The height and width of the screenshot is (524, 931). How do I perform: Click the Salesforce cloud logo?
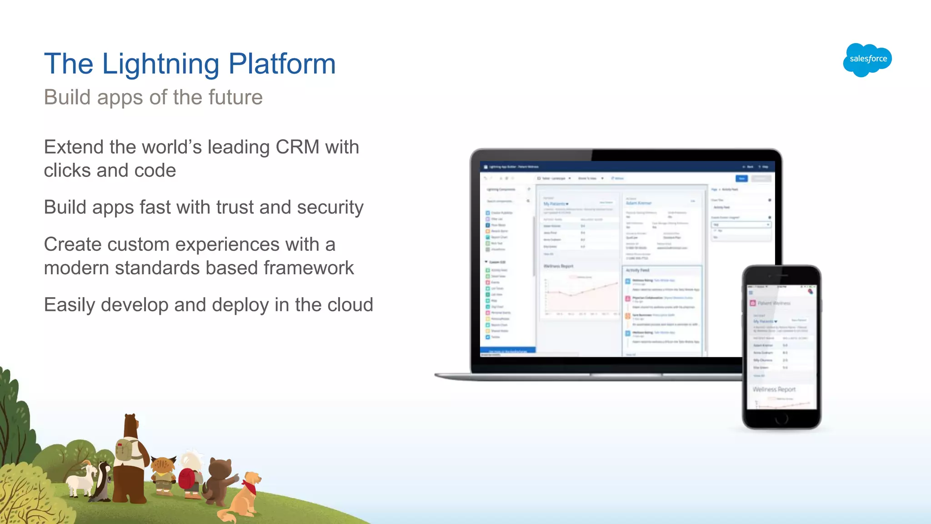coord(867,60)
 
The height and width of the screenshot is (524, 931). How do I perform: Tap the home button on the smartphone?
coord(781,419)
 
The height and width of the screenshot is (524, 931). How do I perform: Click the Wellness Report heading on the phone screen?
coord(774,389)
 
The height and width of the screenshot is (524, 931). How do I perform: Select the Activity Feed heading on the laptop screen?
coord(637,270)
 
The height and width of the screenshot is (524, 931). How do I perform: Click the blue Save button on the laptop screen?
coord(741,179)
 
